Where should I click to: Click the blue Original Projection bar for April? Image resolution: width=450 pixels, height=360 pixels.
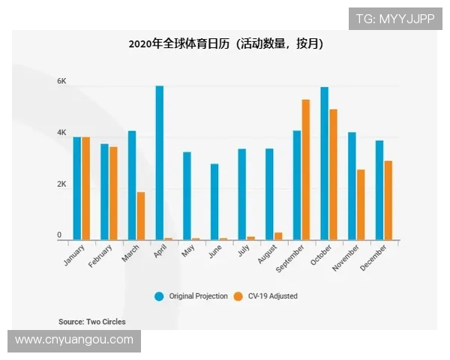(x=160, y=163)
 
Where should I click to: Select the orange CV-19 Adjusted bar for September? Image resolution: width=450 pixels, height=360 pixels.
(x=305, y=169)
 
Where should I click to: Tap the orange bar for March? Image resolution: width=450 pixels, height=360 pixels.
(x=140, y=216)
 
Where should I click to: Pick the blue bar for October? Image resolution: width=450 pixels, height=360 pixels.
(x=324, y=163)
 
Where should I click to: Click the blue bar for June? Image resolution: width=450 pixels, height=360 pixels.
(x=214, y=202)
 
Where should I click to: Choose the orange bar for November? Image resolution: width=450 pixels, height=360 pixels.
(x=361, y=205)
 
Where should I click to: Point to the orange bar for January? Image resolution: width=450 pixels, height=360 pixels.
(x=85, y=188)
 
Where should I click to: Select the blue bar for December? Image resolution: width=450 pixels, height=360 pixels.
(x=379, y=190)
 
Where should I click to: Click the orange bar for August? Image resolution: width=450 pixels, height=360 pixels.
(x=278, y=236)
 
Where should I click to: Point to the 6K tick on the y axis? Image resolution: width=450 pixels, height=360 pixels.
(x=62, y=81)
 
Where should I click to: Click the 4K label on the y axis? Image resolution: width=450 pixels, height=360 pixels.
(x=62, y=133)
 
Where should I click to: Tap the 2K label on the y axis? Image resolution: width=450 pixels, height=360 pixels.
(x=62, y=184)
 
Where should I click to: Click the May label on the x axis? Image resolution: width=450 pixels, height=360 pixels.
(x=189, y=252)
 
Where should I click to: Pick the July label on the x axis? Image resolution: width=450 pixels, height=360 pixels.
(x=244, y=252)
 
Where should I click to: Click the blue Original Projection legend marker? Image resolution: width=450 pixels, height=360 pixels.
(x=159, y=296)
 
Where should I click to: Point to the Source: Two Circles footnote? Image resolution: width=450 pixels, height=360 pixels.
(x=92, y=322)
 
